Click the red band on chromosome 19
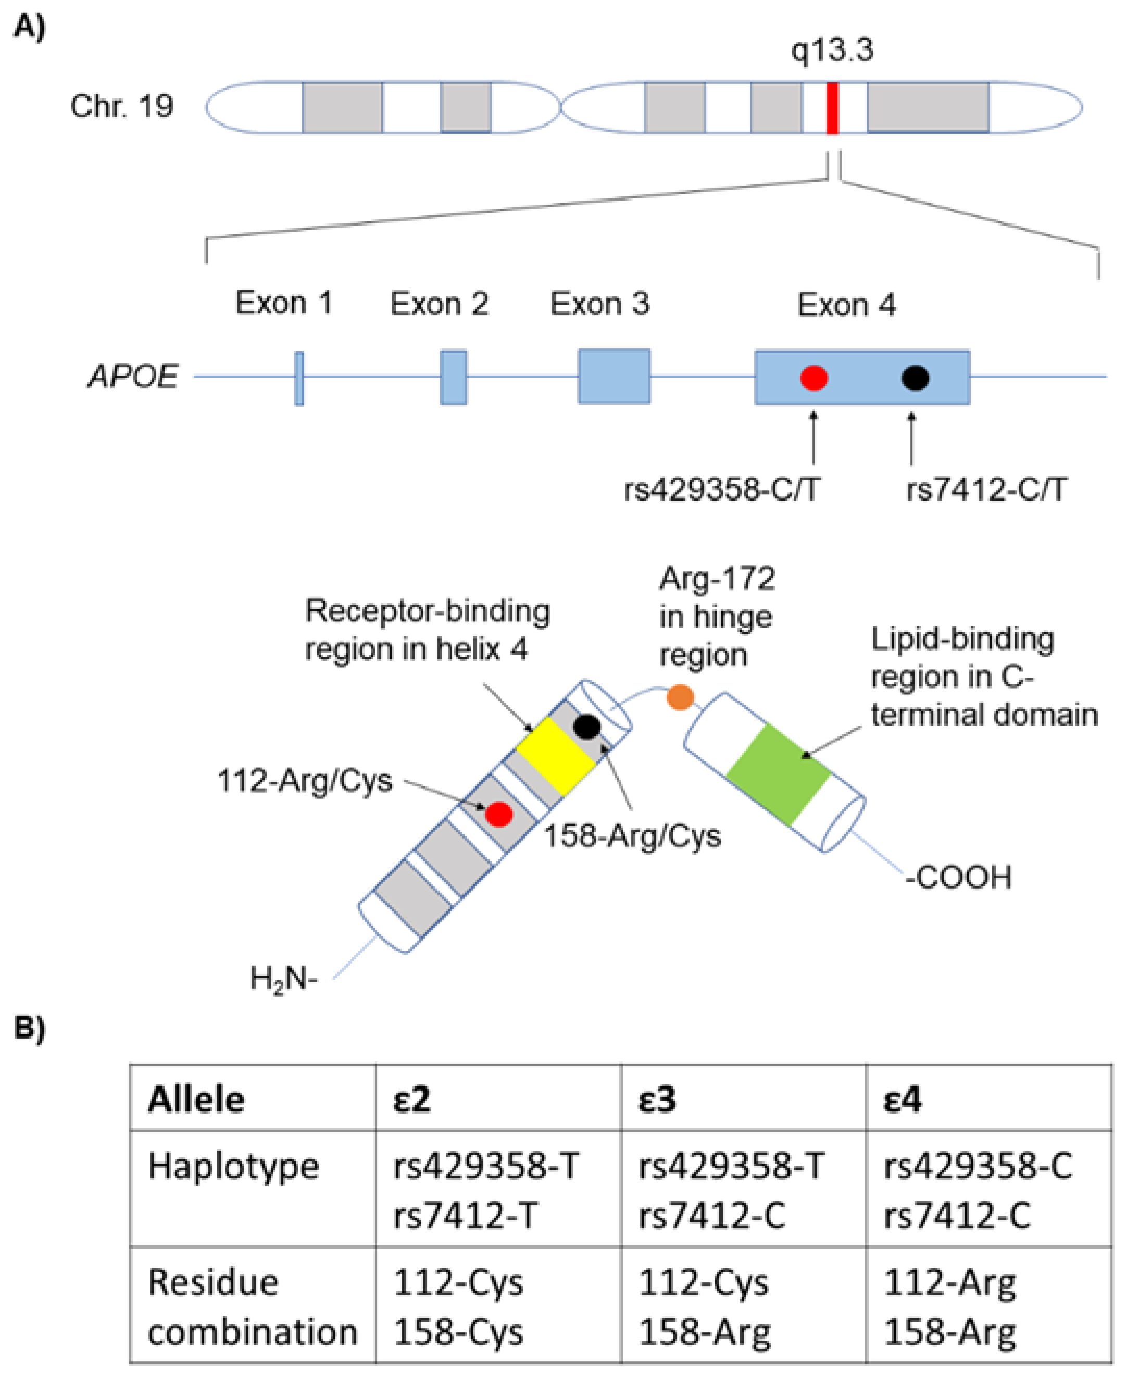(x=832, y=108)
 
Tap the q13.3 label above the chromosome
(x=832, y=50)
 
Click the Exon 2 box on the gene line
(x=453, y=377)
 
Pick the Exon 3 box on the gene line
(x=614, y=377)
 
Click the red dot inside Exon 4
(x=813, y=378)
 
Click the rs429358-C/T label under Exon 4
(x=721, y=490)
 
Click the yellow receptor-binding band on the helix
(x=556, y=755)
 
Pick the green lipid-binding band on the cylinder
(x=778, y=774)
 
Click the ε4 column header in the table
(x=903, y=1100)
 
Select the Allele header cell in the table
(x=196, y=1100)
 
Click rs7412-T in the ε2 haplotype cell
(x=465, y=1215)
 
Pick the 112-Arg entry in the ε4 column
(x=950, y=1283)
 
